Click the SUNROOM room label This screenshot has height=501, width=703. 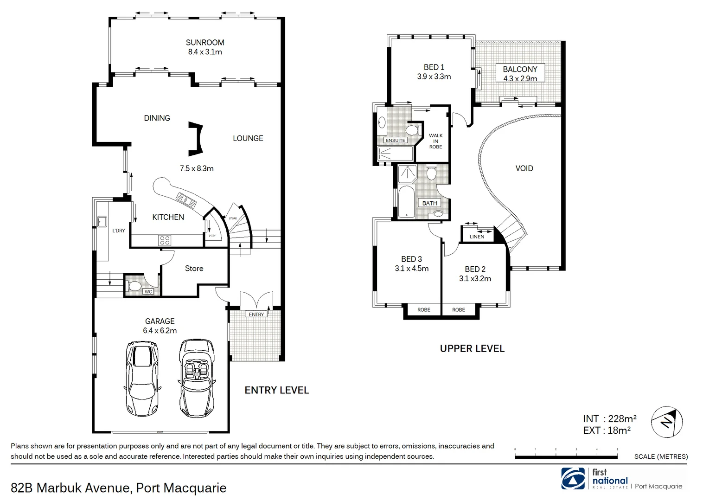pos(205,42)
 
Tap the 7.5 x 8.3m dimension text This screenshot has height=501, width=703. pos(197,168)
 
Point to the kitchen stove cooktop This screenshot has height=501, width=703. pos(165,240)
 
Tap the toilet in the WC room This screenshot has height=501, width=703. pos(134,286)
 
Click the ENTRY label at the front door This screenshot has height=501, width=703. pos(256,315)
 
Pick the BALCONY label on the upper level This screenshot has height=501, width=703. pos(520,69)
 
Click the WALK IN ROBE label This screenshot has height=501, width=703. pos(435,141)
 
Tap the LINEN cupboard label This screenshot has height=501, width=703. pos(477,237)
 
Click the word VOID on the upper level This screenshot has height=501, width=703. pos(524,168)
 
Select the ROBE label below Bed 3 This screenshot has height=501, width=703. pos(423,310)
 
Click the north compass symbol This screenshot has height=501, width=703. pos(667,422)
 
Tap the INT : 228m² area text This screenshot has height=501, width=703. pos(609,419)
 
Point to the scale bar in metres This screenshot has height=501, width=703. pos(566,456)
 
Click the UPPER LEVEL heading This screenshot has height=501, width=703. pos(472,348)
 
